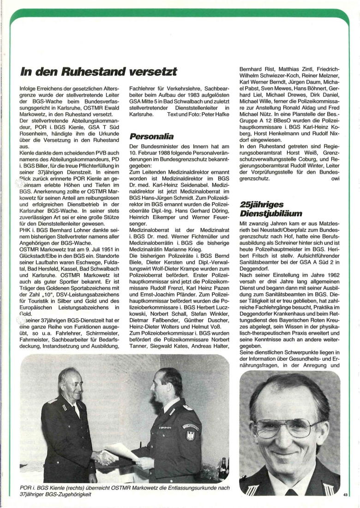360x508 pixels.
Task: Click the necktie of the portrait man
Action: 291,491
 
